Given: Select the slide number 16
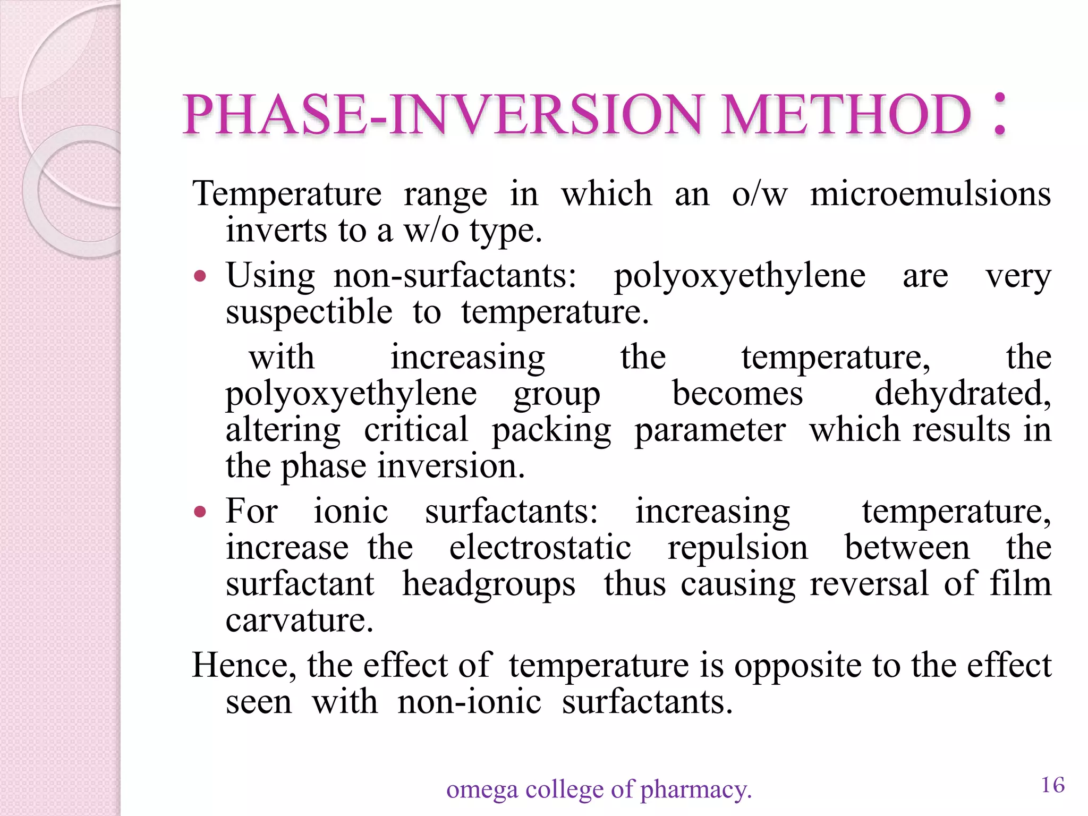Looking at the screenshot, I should (1052, 785).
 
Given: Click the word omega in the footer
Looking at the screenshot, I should (481, 789).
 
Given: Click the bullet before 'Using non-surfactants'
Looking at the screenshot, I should (200, 276).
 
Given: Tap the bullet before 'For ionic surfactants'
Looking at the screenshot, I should (200, 512).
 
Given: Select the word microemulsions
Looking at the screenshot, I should (930, 193).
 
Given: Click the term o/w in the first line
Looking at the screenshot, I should (759, 194).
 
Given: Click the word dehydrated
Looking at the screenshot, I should (962, 394).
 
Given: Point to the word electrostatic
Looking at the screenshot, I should (540, 548).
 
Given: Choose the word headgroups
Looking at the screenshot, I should (489, 585).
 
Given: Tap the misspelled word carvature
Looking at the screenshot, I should (299, 620).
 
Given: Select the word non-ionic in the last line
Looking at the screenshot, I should (469, 702).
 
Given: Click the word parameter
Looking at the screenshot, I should (710, 430).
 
